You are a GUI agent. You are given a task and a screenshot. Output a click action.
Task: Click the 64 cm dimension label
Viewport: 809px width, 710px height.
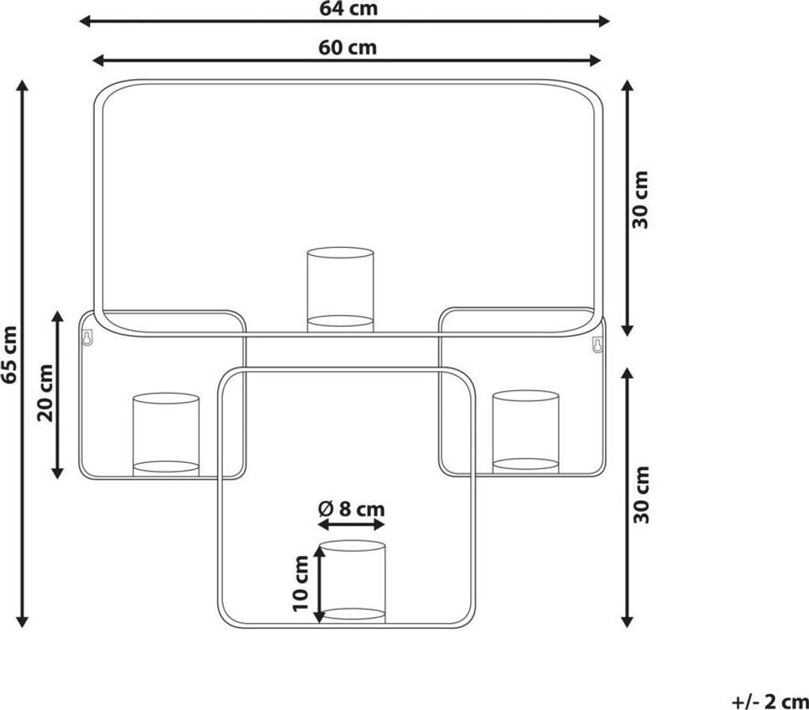point(348,8)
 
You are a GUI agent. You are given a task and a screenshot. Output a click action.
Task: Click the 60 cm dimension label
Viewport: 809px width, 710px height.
point(348,47)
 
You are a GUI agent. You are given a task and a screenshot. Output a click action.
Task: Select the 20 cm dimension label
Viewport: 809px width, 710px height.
point(45,393)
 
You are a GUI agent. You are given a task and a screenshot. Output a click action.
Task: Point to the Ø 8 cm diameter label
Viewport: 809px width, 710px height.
point(352,509)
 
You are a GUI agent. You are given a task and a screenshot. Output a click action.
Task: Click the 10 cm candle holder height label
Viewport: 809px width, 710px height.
point(300,584)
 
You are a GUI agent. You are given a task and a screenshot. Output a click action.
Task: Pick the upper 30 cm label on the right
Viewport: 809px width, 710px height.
point(640,200)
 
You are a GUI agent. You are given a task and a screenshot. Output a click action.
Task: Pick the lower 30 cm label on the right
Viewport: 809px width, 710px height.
point(641,495)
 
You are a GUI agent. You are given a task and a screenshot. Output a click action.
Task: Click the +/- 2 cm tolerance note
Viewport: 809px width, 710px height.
point(769,701)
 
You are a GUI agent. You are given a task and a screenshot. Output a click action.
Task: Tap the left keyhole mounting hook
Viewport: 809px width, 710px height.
point(87,337)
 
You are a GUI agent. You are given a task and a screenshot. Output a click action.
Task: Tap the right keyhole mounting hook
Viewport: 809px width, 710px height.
point(597,344)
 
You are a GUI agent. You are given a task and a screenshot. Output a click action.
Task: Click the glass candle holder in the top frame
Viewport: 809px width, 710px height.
point(340,290)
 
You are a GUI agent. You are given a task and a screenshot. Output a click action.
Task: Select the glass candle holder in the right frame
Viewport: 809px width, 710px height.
point(525,432)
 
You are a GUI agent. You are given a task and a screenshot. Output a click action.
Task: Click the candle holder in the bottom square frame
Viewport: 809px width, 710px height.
point(352,581)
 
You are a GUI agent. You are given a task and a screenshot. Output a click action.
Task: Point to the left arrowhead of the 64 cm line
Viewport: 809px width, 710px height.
point(85,21)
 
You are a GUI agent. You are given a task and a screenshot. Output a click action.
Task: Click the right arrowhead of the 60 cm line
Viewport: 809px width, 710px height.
point(594,60)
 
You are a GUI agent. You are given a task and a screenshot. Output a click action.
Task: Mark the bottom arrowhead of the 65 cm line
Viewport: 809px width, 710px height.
point(21,621)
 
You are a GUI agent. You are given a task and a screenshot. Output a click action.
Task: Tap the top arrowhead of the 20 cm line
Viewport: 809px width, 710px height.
point(58,317)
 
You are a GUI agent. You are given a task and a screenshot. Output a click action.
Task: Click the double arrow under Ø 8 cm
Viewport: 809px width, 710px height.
point(352,525)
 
